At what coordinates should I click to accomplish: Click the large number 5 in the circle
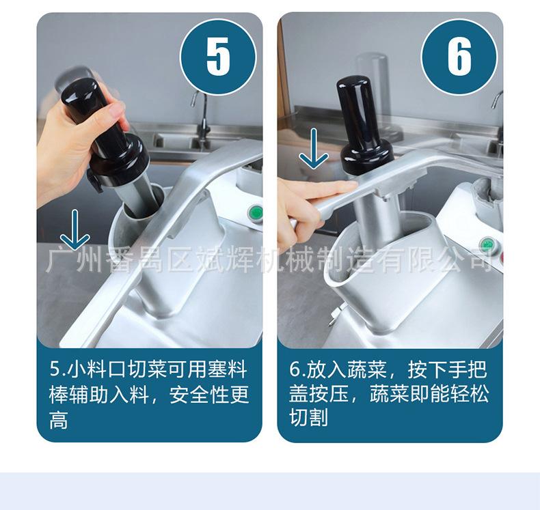coord(218,56)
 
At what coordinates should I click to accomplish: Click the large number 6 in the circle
coord(459,56)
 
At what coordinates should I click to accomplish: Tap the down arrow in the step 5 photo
coord(75,229)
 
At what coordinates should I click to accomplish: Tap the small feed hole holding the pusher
coord(143,203)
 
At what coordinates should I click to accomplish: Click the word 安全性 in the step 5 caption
coord(209,395)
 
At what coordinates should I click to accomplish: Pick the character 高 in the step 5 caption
coord(59,420)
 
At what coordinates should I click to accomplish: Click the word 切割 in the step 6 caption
coord(308,417)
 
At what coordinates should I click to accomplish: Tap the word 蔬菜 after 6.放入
coord(366,369)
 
